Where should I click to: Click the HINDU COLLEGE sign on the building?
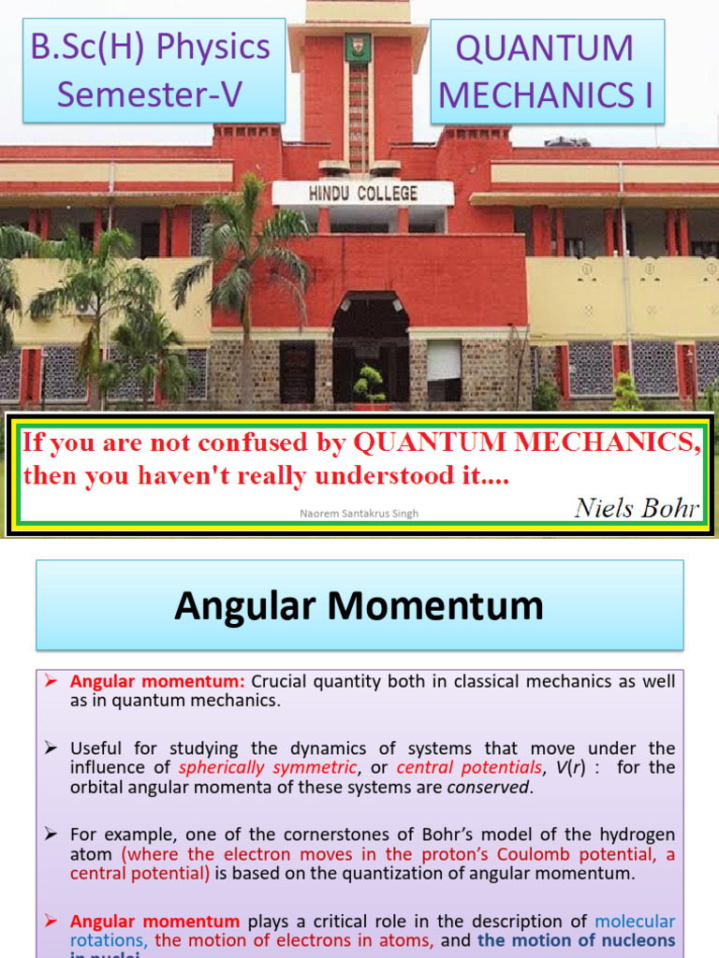(362, 194)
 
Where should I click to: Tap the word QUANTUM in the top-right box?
(545, 48)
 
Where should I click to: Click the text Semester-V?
(151, 94)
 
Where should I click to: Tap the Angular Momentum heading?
(359, 606)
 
